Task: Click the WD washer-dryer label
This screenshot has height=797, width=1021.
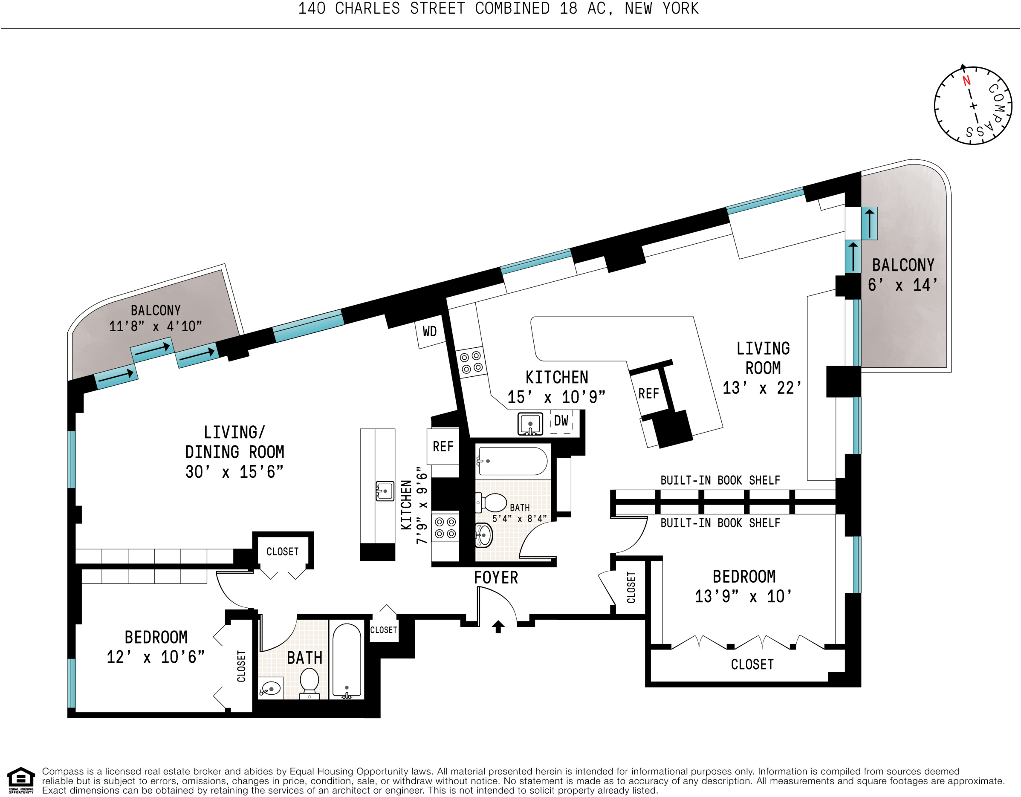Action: pos(430,332)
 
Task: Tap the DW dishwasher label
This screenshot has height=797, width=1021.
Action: pos(561,421)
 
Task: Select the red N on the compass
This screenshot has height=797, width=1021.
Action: pos(966,81)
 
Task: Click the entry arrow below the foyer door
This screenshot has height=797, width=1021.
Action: pos(498,627)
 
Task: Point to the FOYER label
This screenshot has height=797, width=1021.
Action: pos(496,578)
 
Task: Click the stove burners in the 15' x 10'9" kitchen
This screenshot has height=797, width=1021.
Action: pos(471,362)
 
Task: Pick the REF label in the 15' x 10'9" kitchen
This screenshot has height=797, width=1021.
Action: pos(648,393)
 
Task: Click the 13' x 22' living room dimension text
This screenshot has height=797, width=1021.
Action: pos(762,388)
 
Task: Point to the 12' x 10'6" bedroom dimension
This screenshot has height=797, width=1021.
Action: pos(156,657)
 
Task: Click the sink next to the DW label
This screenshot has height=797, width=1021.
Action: pos(530,424)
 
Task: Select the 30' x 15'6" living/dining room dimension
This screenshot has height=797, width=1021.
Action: pos(234,472)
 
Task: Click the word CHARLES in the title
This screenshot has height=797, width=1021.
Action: pos(367,9)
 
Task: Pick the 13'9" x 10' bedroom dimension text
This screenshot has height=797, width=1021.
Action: pos(743,596)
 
